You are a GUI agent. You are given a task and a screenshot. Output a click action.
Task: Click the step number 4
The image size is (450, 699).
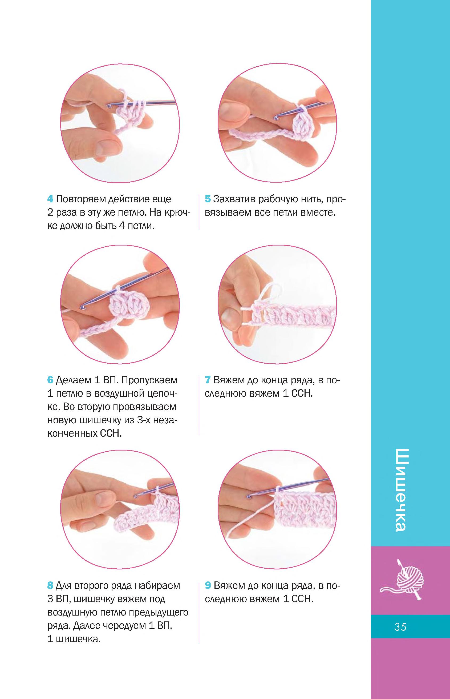(x=50, y=199)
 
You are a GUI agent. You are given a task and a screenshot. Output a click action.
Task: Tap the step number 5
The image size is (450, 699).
(x=208, y=199)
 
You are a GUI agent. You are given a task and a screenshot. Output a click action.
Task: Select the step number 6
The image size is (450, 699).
(x=50, y=380)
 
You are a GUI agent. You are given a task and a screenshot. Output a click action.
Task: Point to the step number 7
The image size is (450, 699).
(x=208, y=380)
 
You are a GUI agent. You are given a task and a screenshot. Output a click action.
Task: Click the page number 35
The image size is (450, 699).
(x=400, y=627)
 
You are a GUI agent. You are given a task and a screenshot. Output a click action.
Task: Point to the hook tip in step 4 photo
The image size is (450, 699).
(x=109, y=105)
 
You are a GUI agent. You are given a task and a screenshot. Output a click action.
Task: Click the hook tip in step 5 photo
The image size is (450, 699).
(x=275, y=118)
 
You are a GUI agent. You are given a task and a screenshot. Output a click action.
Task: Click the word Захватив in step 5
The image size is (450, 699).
(x=234, y=199)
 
